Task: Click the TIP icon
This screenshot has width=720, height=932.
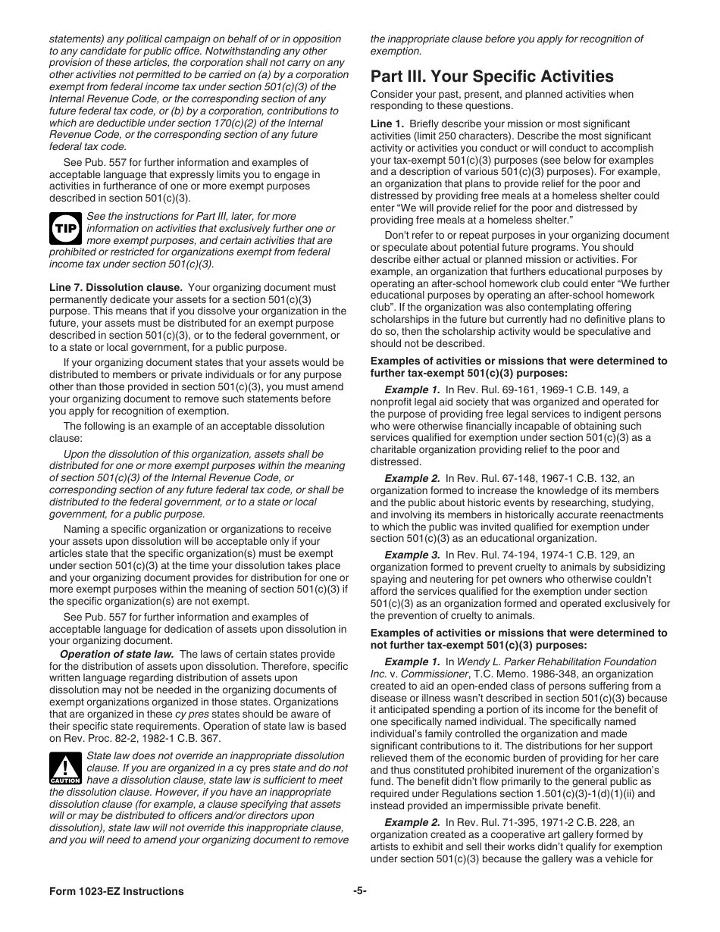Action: click(x=65, y=228)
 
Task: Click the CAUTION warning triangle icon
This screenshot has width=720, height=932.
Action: click(x=65, y=768)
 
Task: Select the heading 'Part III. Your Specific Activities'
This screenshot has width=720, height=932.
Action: click(x=492, y=77)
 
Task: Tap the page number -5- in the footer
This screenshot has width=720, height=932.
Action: click(x=360, y=891)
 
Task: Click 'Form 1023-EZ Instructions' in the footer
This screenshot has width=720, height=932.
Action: click(x=116, y=891)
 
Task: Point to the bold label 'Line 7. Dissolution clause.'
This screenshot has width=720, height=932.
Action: click(x=116, y=287)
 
